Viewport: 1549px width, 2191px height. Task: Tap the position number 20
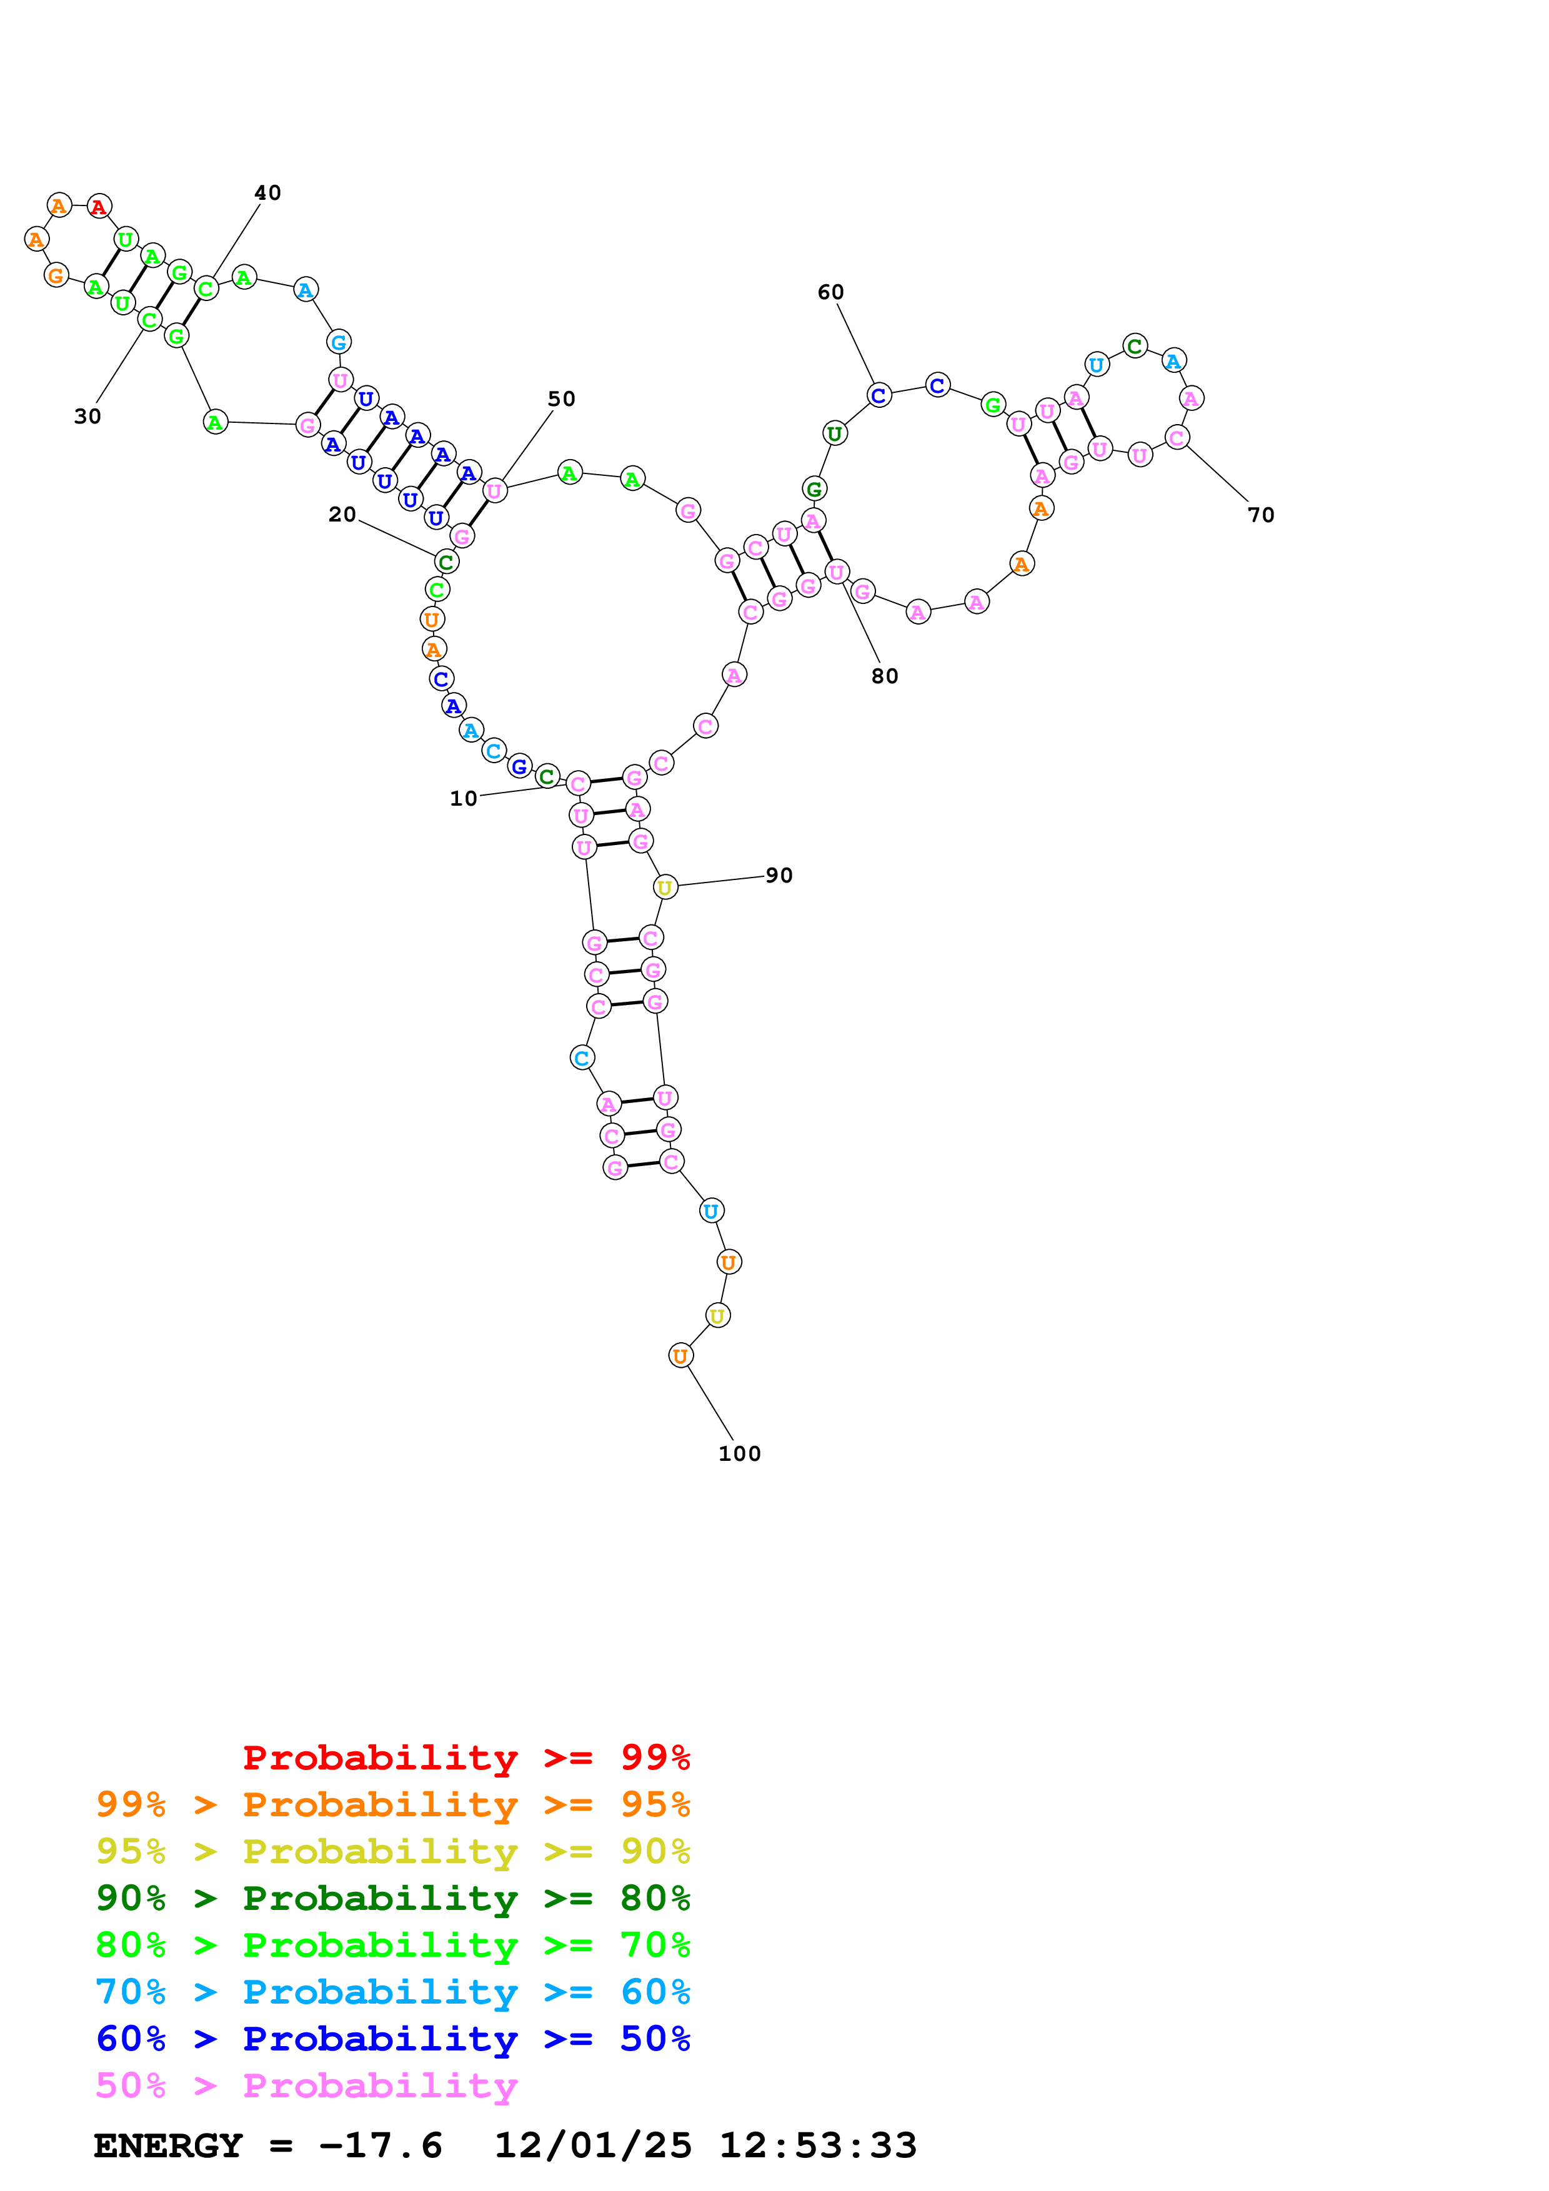click(342, 515)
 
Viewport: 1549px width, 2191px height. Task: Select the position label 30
click(87, 416)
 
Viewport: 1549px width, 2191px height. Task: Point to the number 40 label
click(267, 193)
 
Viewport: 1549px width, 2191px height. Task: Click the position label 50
click(561, 399)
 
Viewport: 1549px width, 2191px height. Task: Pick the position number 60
click(830, 292)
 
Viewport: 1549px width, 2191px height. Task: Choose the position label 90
click(779, 875)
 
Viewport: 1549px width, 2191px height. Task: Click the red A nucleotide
click(99, 206)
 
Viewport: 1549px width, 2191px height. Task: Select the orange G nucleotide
click(56, 276)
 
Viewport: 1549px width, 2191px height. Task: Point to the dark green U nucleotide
click(834, 433)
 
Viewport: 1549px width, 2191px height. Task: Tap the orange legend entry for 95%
click(392, 1804)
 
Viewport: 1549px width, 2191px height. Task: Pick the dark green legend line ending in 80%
click(392, 1898)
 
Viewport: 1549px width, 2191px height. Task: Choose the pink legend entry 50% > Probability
click(306, 2085)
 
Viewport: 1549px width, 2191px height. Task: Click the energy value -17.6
click(380, 2145)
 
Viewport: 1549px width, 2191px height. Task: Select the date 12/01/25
click(592, 2145)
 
